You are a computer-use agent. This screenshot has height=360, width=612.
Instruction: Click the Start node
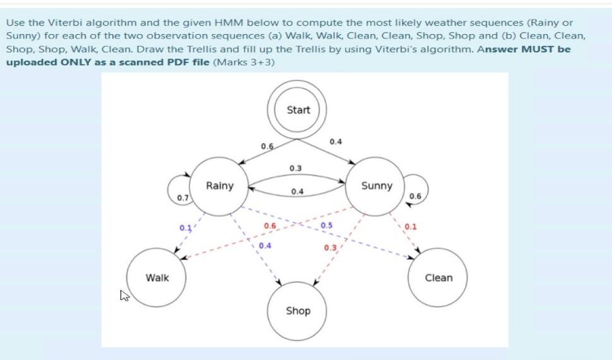coord(298,110)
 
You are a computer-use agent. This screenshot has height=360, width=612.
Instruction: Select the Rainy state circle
coord(219,185)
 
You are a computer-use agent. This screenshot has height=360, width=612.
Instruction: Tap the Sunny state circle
coord(376,185)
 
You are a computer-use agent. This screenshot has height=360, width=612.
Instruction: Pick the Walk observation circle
coord(157,277)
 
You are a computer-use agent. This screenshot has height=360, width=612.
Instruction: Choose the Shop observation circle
coord(298,310)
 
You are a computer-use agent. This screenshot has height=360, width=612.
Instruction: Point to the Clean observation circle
coord(438,277)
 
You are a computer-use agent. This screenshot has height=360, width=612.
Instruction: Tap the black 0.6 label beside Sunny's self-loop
coord(415,196)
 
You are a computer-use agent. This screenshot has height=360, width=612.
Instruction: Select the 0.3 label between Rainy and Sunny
coord(295,168)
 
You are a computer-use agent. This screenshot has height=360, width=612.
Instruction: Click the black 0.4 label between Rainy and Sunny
coord(297,191)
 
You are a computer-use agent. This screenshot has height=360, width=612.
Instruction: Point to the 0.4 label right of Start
coord(336,142)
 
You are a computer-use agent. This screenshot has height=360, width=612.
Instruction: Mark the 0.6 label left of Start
coord(267,146)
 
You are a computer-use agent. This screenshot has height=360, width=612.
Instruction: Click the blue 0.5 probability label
coord(327,225)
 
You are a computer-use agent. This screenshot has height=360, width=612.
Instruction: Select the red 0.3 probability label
coord(330,248)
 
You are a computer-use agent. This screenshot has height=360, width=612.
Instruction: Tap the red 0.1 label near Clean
coord(410,226)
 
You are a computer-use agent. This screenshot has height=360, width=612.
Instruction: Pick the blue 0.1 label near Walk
coord(185,227)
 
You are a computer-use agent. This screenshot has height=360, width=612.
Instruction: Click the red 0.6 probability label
coord(270,225)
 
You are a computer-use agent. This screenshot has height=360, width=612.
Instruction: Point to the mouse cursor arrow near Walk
coord(124,294)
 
